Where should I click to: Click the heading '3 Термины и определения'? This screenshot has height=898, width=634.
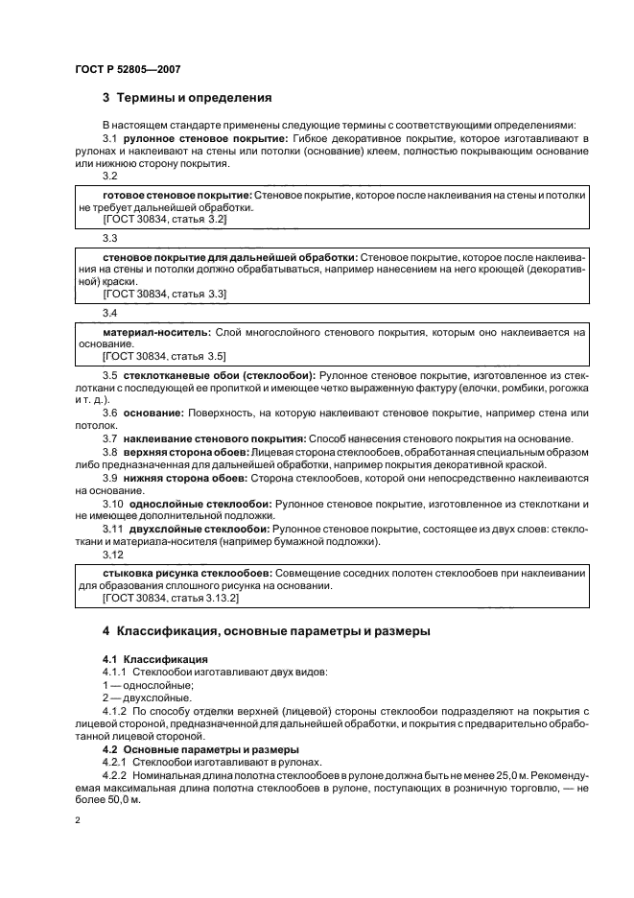click(x=187, y=98)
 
